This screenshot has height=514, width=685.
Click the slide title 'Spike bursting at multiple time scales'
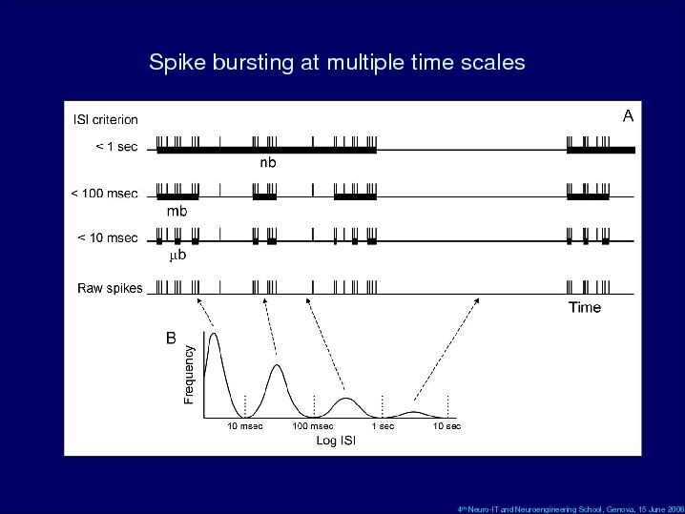337,62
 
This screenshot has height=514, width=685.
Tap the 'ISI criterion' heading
106,119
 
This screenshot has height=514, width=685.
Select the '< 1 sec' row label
116,147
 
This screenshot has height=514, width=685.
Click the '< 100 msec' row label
104,194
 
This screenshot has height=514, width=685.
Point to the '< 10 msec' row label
108,238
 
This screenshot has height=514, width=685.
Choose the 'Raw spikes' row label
110,288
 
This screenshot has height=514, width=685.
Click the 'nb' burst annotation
268,162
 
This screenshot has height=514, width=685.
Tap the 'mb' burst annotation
176,212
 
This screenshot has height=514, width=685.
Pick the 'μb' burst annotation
177,255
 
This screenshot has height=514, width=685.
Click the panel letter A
628,116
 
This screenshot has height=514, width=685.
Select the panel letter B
171,338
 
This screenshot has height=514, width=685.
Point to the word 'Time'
585,307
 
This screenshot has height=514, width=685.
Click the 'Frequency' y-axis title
189,375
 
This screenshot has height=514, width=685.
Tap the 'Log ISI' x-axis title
336,441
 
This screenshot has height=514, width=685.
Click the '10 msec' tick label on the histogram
245,425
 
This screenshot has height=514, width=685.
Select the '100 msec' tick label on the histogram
313,425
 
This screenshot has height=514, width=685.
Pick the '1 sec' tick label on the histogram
384,425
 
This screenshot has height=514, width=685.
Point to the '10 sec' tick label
446,425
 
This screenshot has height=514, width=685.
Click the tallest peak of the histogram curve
214,334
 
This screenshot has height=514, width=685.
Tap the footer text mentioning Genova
571,509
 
